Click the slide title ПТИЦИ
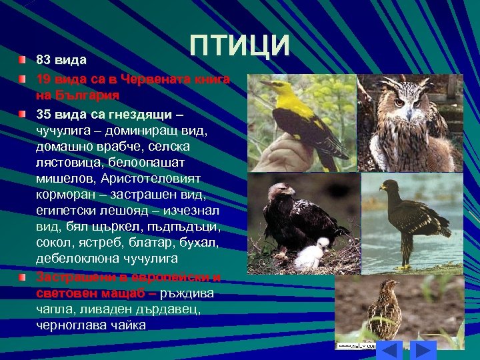point(239,45)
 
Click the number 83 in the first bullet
point(43,61)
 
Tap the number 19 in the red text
point(43,79)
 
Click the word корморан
point(65,195)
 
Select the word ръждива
point(188,293)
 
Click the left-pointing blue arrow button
point(391,349)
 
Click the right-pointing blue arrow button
point(422,349)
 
